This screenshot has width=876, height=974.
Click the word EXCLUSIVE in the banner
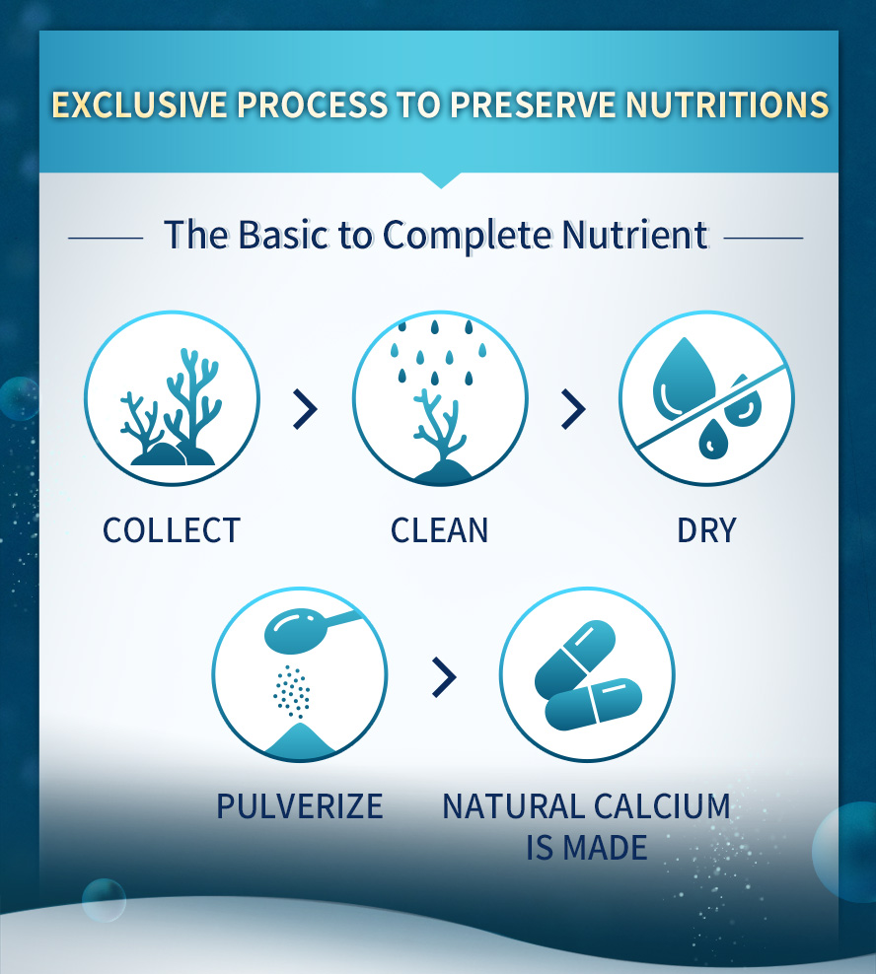pyautogui.click(x=139, y=104)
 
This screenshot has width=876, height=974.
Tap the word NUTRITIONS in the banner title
pyautogui.click(x=727, y=104)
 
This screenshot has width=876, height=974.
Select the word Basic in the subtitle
pyautogui.click(x=282, y=235)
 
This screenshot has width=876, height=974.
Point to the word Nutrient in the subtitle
pyautogui.click(x=634, y=235)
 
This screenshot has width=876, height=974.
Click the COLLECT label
pyautogui.click(x=172, y=530)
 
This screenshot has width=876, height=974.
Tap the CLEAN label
pyautogui.click(x=440, y=530)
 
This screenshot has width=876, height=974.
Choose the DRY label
pyautogui.click(x=706, y=530)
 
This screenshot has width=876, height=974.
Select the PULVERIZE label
pyautogui.click(x=300, y=806)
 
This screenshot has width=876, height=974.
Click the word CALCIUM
pyautogui.click(x=662, y=806)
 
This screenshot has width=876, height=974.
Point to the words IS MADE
pyautogui.click(x=586, y=848)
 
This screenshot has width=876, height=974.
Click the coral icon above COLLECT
pyautogui.click(x=172, y=407)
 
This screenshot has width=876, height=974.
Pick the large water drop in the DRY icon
pyautogui.click(x=683, y=377)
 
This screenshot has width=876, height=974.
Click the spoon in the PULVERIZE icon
pyautogui.click(x=309, y=629)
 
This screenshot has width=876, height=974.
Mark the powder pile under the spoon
pyautogui.click(x=300, y=741)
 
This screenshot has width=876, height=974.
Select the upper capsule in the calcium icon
pyautogui.click(x=575, y=657)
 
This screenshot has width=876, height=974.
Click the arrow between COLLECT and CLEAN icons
pyautogui.click(x=305, y=409)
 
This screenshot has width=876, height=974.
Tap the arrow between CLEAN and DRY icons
pyautogui.click(x=573, y=409)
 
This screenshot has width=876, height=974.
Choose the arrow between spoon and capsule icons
pyautogui.click(x=445, y=676)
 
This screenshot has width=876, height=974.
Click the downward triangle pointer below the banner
pyautogui.click(x=441, y=179)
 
